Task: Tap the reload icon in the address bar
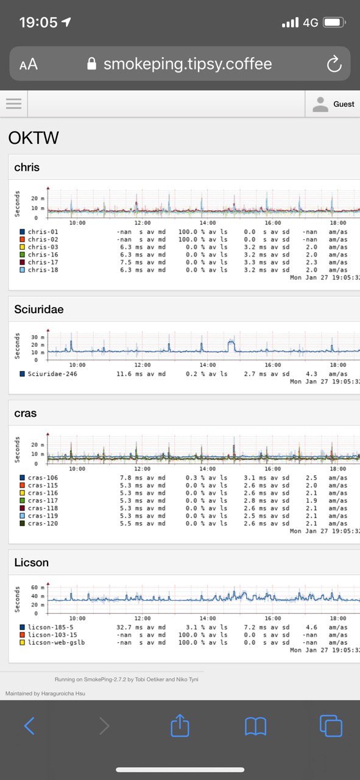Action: (x=334, y=64)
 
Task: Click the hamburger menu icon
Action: (x=13, y=104)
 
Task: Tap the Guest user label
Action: (x=344, y=104)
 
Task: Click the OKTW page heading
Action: (x=34, y=138)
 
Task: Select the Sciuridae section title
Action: (x=39, y=309)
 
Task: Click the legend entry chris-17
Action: (x=43, y=262)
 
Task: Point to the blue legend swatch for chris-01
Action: (x=23, y=232)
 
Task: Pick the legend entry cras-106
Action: (x=43, y=477)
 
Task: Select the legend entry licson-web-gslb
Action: (x=57, y=642)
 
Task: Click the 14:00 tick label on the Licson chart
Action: (x=208, y=618)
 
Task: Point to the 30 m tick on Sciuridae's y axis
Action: (x=38, y=337)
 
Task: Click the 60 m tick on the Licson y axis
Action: (x=38, y=587)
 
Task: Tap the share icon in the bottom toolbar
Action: (x=180, y=725)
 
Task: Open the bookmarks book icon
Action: (x=256, y=726)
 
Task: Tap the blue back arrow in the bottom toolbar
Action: (x=29, y=726)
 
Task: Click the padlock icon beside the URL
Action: (x=91, y=63)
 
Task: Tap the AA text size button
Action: (x=29, y=64)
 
